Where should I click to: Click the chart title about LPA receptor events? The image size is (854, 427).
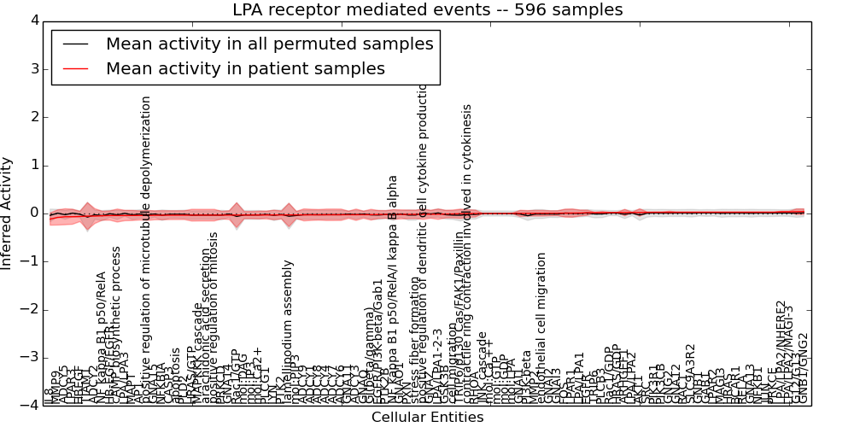[427, 10]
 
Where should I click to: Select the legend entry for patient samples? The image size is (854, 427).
[245, 68]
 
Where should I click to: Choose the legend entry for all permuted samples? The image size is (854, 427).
[269, 44]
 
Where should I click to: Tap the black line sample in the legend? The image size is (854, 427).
[74, 44]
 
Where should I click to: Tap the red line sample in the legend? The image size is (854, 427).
[74, 69]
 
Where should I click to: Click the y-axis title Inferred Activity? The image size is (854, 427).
[8, 213]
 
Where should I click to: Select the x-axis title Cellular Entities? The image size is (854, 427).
[427, 417]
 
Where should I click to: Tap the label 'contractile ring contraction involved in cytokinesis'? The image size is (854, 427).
[467, 248]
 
